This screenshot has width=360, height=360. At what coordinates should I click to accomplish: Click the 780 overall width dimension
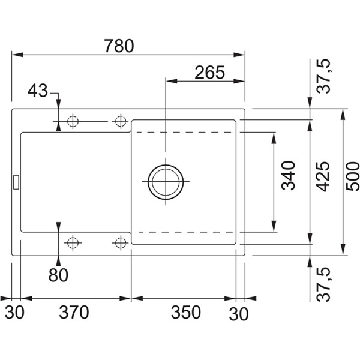[x=118, y=45]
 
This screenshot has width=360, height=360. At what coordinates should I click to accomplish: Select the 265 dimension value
[x=209, y=73]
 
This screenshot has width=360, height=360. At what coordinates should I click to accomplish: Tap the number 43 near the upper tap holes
[x=37, y=91]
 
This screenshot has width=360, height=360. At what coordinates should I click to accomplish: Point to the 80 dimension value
[x=58, y=275]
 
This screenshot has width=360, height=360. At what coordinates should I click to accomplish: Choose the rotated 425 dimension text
[x=323, y=176]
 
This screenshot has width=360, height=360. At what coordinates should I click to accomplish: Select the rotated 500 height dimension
[x=353, y=176]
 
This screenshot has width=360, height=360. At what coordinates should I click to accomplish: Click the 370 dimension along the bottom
[x=74, y=313]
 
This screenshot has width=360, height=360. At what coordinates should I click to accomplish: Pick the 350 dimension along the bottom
[x=185, y=313]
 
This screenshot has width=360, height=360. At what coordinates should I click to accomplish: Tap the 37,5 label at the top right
[x=324, y=77]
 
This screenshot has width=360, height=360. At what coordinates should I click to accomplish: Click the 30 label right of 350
[x=239, y=313]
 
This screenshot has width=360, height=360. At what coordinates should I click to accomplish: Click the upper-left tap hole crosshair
[x=73, y=121]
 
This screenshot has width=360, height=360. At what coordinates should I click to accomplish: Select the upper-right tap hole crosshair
[x=120, y=121]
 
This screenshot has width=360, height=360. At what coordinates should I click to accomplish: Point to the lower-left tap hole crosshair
[x=73, y=242]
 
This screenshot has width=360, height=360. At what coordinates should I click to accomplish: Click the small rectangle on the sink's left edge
[x=16, y=181]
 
